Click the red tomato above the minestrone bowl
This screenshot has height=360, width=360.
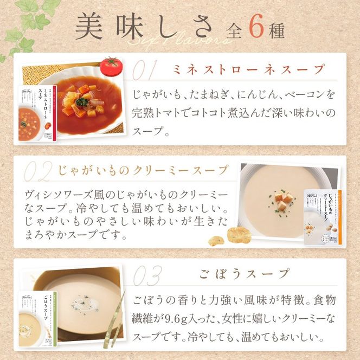coord(111,65)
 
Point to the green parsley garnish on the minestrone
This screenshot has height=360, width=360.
coord(83,101)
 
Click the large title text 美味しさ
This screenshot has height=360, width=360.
coord(145,27)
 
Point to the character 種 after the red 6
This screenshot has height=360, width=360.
coord(277,30)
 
